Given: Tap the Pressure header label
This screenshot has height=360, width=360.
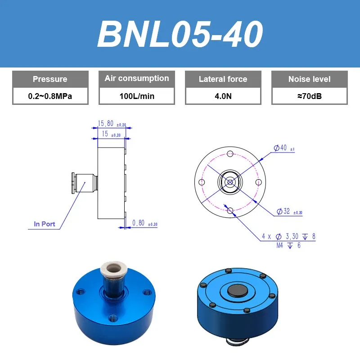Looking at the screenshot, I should coord(50,79).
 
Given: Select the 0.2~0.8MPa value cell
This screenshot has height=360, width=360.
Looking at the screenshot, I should coord(50,96).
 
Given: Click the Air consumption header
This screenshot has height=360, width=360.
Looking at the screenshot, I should coord(137,79).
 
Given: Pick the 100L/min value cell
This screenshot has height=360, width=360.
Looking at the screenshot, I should coord(137,96).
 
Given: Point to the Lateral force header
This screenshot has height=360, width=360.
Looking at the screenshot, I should coord(223,79).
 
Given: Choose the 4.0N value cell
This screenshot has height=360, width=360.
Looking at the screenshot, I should coord(223,96).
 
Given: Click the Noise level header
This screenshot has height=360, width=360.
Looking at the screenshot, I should coord(310,79).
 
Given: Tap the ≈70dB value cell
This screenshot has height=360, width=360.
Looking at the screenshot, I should coord(310,96).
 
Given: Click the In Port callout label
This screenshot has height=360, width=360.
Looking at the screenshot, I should coord(44,224).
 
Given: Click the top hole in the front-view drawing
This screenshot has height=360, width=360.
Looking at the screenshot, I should coord(230,154).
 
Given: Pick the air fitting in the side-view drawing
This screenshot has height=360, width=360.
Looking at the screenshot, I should coord(84,182).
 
